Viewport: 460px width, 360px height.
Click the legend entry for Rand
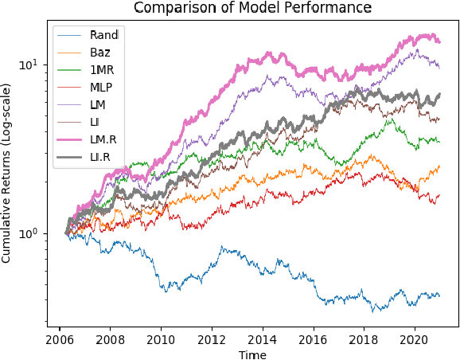[x=105, y=35]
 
